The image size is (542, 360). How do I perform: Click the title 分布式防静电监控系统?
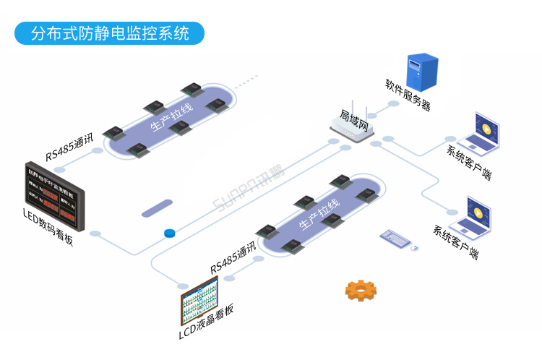110,33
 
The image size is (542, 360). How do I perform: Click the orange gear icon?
361,289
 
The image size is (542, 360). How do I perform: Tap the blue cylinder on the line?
171,233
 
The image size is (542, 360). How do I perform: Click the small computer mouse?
415,248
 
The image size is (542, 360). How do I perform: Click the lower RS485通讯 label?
233,258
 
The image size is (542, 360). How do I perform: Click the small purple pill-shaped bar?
157,210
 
